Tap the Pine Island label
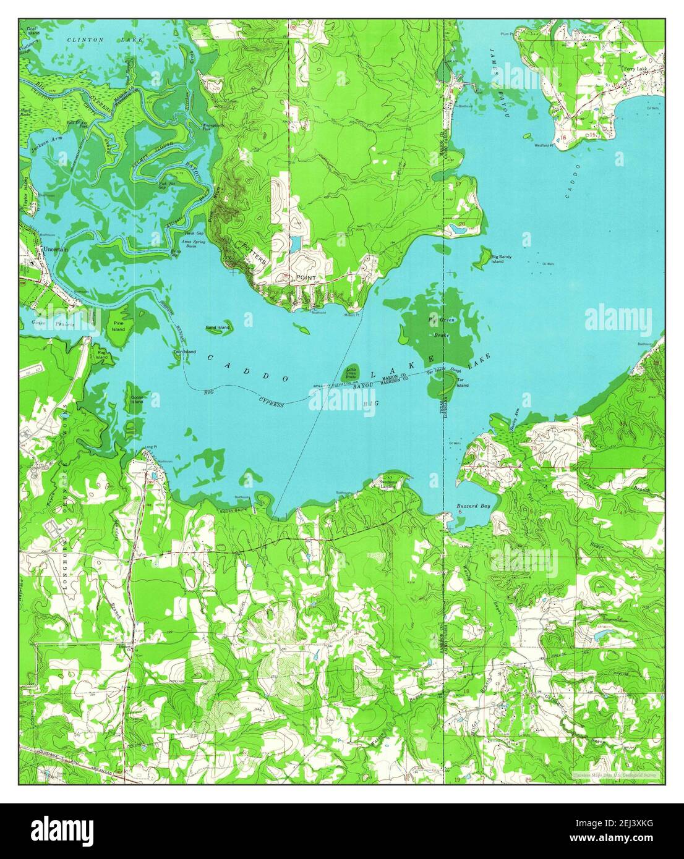(118, 326)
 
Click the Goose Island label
(136, 399)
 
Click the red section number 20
(462, 224)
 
